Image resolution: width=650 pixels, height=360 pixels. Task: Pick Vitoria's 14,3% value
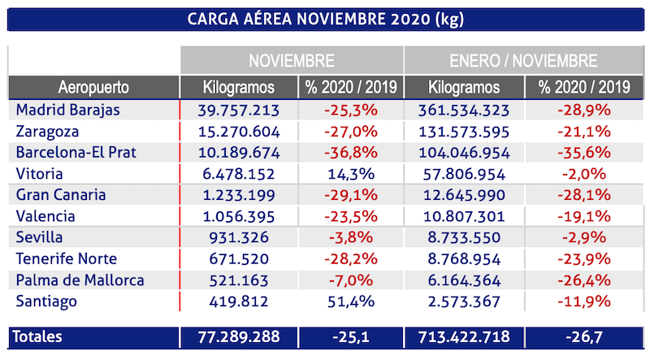351,174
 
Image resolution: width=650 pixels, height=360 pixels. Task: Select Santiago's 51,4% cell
351,301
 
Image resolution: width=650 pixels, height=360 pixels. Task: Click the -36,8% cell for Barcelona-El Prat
351,153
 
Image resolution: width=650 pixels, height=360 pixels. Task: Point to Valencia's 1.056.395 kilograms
239,216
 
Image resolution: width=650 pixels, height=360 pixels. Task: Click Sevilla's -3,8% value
351,237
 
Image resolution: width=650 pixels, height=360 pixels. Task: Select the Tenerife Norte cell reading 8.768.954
466,258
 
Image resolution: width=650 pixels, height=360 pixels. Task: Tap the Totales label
39,336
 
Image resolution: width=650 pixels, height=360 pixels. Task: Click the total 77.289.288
239,336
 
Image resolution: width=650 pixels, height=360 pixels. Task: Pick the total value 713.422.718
466,336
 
